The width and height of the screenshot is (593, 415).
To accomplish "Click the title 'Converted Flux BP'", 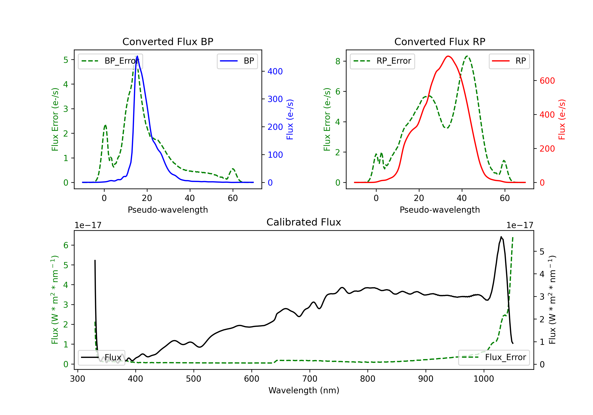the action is tap(168, 41).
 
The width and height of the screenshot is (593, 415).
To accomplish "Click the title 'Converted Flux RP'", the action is tap(440, 41).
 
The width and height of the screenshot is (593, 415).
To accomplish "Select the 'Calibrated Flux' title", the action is tap(304, 222).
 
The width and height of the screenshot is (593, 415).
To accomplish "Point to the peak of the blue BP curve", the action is tap(137, 56).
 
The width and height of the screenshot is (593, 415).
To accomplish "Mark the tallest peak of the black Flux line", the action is tap(501, 237).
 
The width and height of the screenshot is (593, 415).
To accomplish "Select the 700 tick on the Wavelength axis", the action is tap(309, 379).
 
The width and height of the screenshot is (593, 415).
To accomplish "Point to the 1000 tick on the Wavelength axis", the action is tap(483, 379).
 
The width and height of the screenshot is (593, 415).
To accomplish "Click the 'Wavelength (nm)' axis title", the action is tap(304, 390).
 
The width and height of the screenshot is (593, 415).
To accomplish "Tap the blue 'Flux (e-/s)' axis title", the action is tap(290, 120).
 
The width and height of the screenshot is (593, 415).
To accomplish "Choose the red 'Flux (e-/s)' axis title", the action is tap(562, 120).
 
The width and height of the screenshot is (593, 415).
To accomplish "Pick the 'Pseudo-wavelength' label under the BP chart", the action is tap(168, 210).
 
